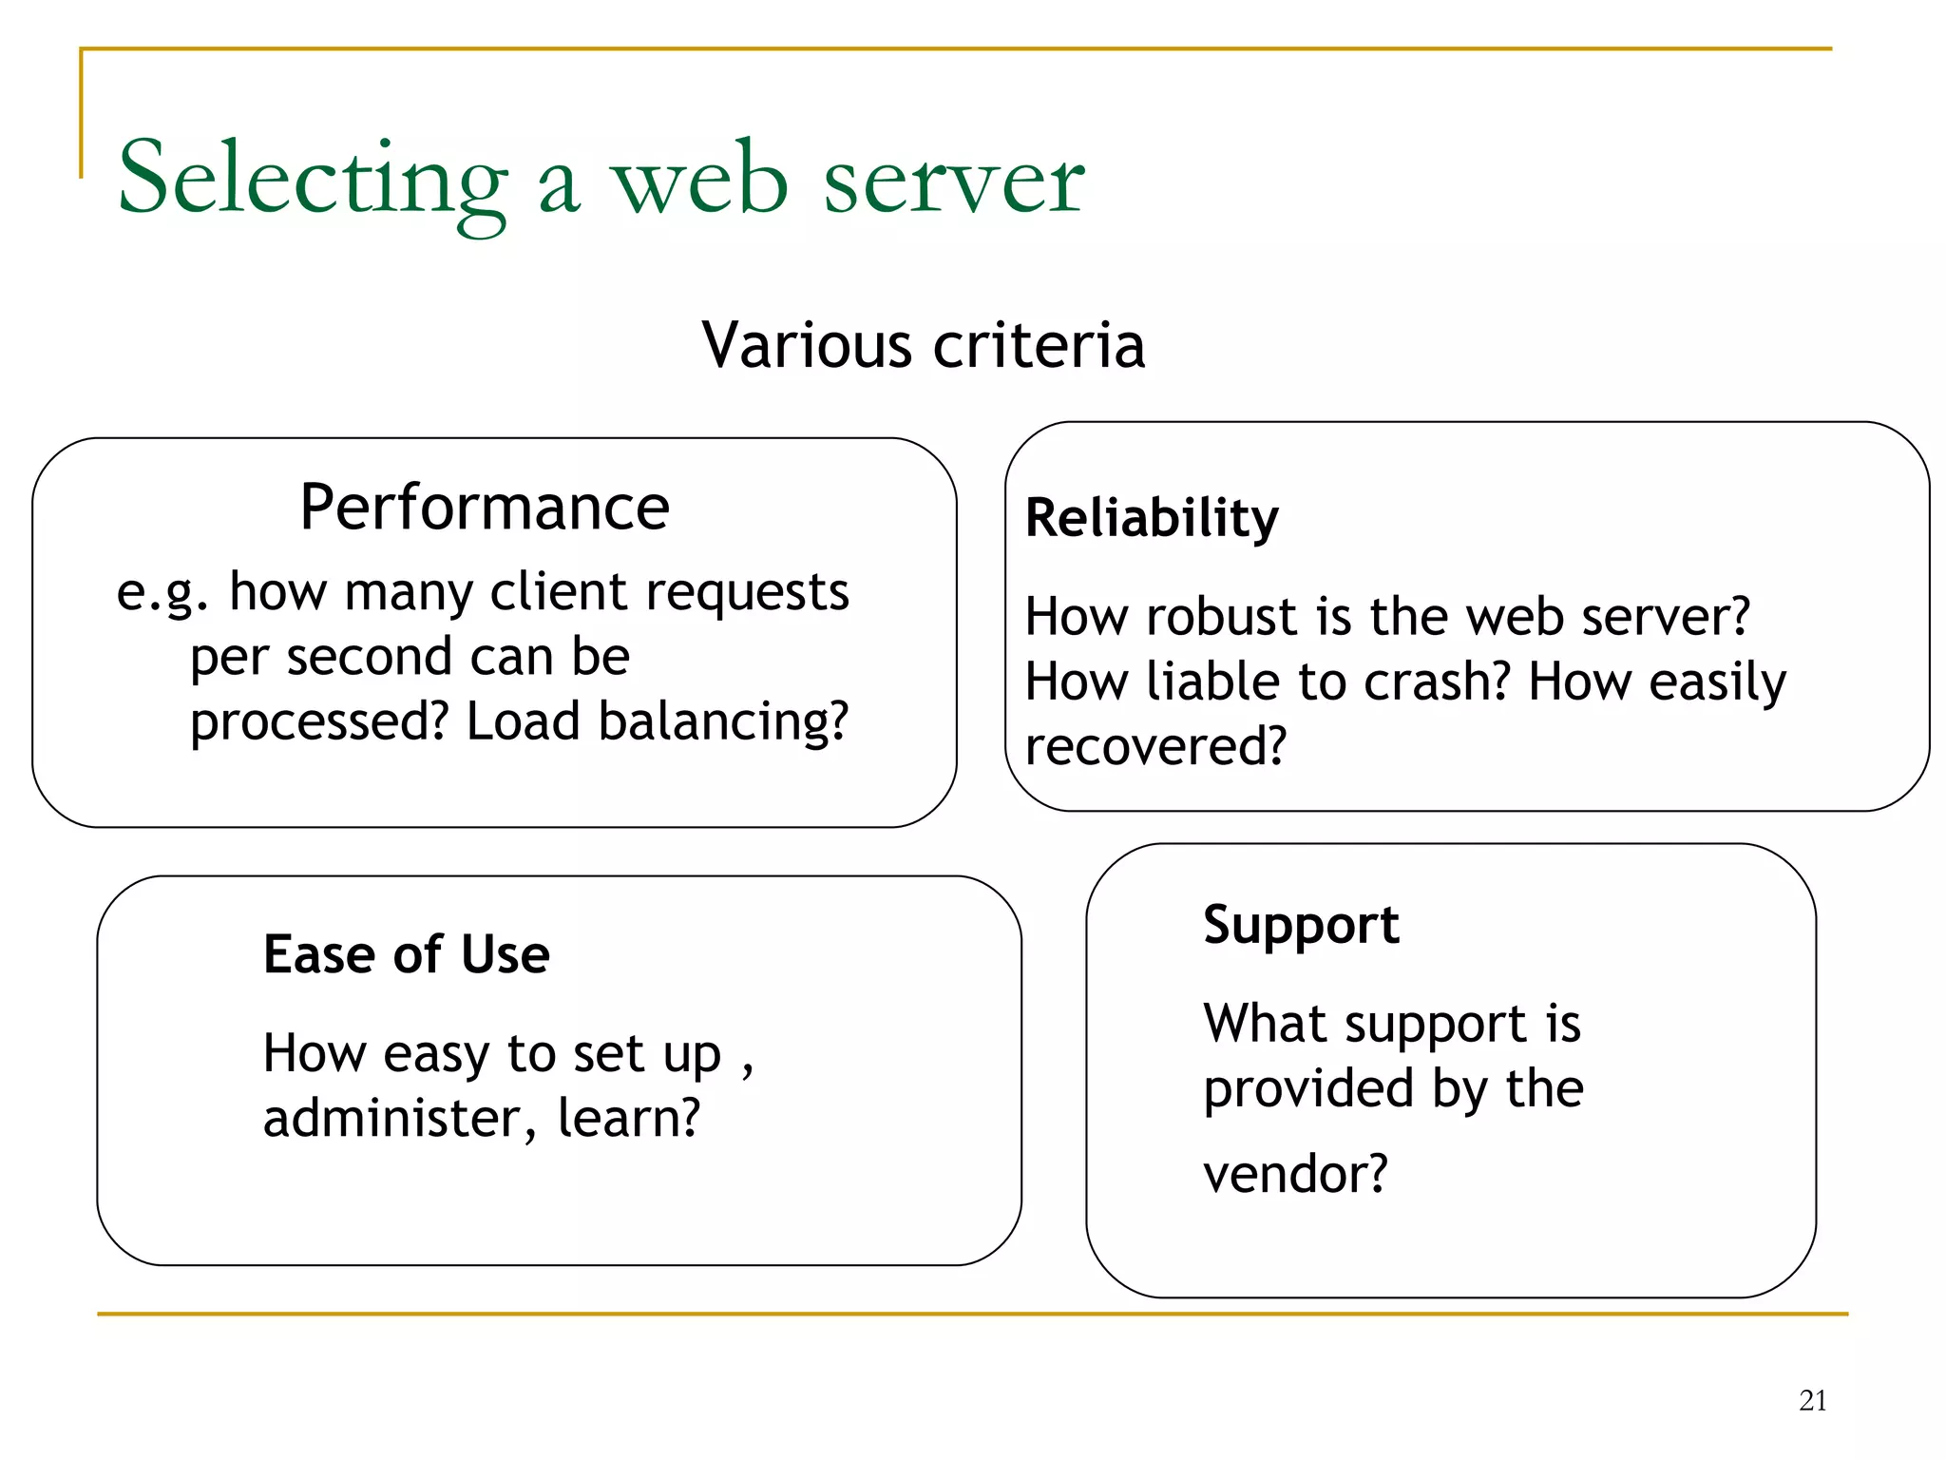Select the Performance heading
click(x=485, y=508)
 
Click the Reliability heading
click(x=1152, y=519)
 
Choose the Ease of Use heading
click(x=407, y=954)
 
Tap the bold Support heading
click(x=1301, y=925)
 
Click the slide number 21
click(x=1812, y=1400)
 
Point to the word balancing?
click(x=723, y=722)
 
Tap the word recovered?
click(x=1155, y=747)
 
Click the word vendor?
click(x=1295, y=1174)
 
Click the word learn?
click(x=628, y=1119)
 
